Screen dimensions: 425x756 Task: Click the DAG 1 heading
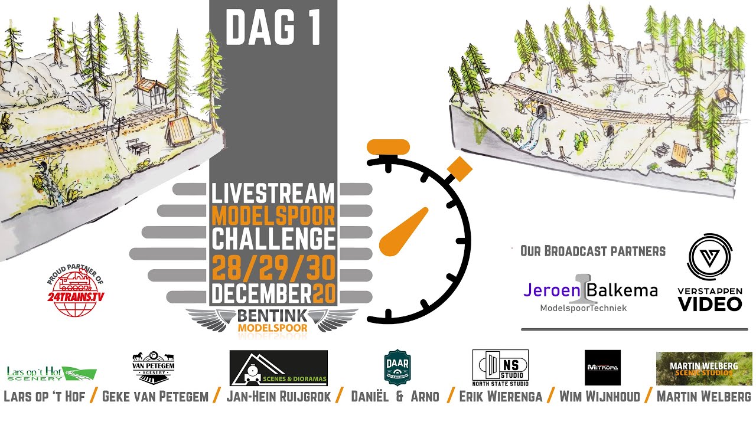pos(273,28)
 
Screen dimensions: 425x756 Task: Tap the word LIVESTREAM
pos(273,194)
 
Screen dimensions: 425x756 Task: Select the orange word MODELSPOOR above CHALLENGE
pos(273,215)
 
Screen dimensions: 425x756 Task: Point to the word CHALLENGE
pos(273,239)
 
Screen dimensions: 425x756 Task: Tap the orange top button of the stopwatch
pos(388,146)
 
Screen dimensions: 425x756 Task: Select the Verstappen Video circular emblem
pos(709,260)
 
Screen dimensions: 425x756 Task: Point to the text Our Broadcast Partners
pos(592,251)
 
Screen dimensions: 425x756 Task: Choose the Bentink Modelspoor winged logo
pos(273,321)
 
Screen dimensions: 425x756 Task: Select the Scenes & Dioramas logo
pos(278,368)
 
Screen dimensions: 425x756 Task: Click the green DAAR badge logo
pos(397,367)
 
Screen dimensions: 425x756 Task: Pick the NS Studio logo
pos(500,367)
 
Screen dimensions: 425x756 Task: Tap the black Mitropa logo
pos(602,367)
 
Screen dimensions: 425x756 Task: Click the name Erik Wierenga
pos(500,396)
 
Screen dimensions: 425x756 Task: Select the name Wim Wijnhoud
pos(599,396)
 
